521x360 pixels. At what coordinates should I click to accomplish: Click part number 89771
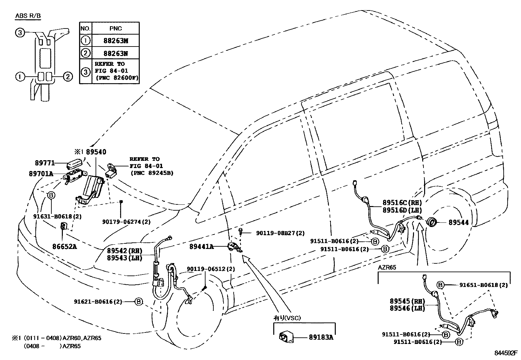click(x=44, y=163)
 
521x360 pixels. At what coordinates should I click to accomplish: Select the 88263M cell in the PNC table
click(x=116, y=41)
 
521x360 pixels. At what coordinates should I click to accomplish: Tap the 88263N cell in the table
click(x=116, y=53)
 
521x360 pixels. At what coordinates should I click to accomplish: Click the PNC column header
click(x=116, y=28)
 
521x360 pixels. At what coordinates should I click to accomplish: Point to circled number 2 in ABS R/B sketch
click(x=67, y=77)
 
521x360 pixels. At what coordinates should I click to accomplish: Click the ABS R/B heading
click(x=28, y=16)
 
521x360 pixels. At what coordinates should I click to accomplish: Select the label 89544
click(x=458, y=222)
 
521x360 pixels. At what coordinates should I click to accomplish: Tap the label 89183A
click(x=321, y=337)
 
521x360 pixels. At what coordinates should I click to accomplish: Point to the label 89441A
click(x=201, y=247)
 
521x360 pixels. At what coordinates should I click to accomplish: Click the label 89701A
click(x=41, y=174)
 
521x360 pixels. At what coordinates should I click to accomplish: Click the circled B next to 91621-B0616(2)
click(x=139, y=301)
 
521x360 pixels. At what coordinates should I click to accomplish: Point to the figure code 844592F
click(x=506, y=353)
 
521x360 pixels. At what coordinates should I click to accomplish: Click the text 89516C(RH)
click(x=402, y=203)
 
